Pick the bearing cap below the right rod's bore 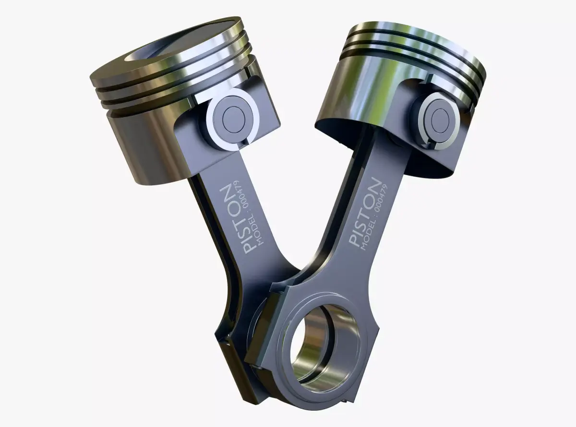tap(326, 398)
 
